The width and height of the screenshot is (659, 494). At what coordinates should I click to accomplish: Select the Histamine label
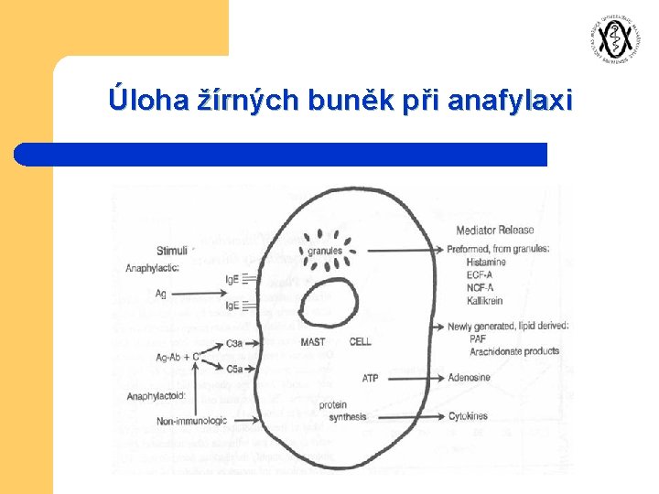pos(487,262)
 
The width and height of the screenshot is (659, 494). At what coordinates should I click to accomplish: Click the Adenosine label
pos(469,378)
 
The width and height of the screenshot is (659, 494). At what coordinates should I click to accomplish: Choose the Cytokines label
pos(468,417)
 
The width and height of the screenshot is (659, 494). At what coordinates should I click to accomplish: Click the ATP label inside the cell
pos(370,378)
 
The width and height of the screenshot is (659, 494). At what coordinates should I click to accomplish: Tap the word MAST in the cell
pos(312,342)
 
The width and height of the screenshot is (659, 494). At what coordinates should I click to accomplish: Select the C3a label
pos(234,343)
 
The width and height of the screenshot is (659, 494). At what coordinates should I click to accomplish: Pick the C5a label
pos(234,369)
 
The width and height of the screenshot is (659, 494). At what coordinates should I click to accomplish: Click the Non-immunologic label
pos(189,421)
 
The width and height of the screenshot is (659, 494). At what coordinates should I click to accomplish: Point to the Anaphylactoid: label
pos(157,396)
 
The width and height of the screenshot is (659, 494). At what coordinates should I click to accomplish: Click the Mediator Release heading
pos(494,230)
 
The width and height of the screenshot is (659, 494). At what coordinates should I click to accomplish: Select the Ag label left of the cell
pos(160,293)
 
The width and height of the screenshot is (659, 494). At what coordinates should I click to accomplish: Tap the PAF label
pos(477,338)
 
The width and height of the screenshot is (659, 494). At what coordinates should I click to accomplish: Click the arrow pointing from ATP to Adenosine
pos(412,378)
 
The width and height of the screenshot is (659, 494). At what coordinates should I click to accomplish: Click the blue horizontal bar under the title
pos(280,154)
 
